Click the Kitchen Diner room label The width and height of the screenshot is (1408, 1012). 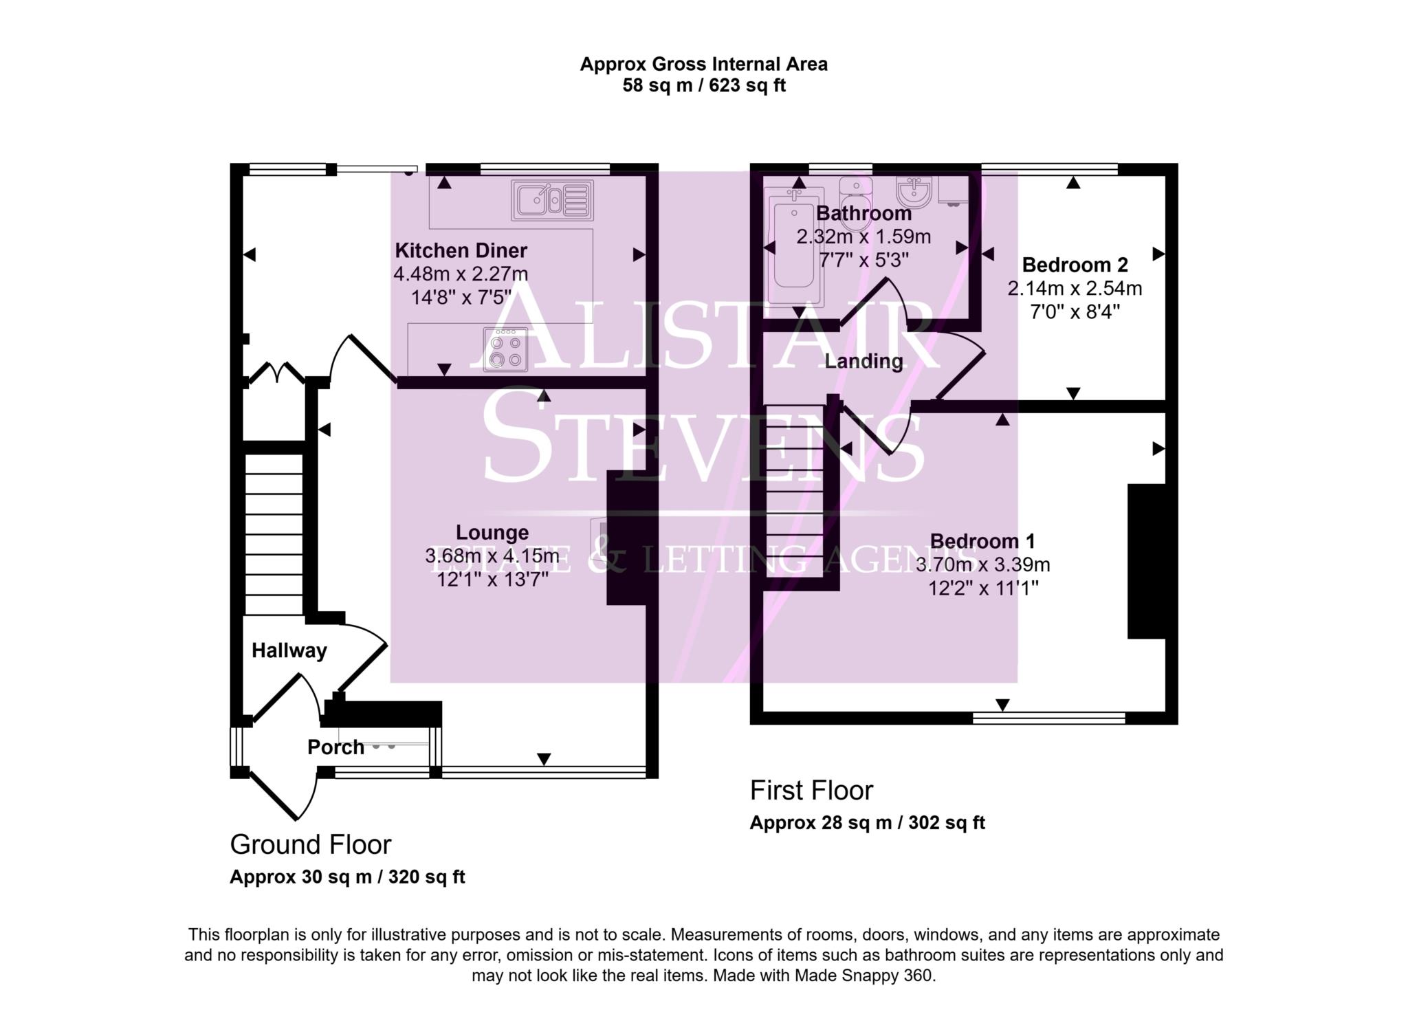(461, 250)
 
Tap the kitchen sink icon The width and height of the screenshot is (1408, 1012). (552, 200)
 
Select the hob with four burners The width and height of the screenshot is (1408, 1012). (505, 349)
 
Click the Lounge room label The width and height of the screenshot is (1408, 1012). (492, 532)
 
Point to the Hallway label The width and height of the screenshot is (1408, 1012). (289, 650)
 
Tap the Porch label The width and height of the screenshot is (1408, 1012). (335, 747)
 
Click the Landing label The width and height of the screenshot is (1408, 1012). (863, 361)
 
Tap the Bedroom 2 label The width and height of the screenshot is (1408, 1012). (1075, 265)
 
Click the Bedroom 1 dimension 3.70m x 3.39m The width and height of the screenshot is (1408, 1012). (982, 565)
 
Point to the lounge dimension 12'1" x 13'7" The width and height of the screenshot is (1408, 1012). (492, 580)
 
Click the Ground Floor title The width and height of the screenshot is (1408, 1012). (310, 845)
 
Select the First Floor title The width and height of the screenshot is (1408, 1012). (811, 791)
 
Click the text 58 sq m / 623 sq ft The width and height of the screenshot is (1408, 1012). (703, 86)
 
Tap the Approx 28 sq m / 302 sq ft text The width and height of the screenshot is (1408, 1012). (867, 823)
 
